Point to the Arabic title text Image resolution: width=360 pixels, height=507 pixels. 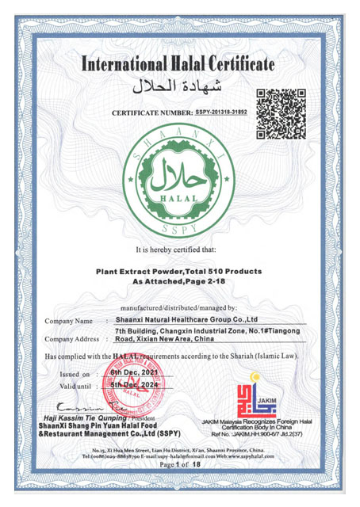coord(179,84)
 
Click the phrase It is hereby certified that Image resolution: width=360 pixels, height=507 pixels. coord(179,250)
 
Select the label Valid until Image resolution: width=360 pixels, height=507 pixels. coord(77,385)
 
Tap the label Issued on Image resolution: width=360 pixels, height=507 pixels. coord(76,372)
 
